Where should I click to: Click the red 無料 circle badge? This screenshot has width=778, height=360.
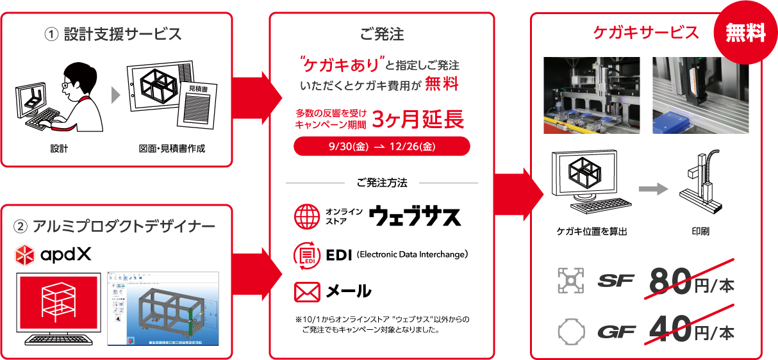[x=745, y=33]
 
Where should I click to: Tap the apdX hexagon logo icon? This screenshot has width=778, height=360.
[x=24, y=255]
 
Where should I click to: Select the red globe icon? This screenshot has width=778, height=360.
[x=307, y=217]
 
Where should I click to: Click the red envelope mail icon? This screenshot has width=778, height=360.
[x=307, y=292]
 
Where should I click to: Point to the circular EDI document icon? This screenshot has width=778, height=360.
[x=307, y=256]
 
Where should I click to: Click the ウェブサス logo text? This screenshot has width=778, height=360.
[x=415, y=216]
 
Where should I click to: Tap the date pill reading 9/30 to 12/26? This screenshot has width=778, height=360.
[x=382, y=146]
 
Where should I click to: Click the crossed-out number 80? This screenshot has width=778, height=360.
[x=670, y=281]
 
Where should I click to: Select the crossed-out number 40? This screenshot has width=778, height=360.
[x=670, y=329]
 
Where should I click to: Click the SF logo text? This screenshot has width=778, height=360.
[x=616, y=281]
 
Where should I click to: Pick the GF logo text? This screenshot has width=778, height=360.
[x=617, y=332]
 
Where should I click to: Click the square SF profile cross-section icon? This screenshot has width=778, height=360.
[x=570, y=281]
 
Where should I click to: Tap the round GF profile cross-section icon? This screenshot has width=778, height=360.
[x=572, y=332]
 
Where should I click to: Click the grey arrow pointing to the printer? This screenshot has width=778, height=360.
[x=653, y=189]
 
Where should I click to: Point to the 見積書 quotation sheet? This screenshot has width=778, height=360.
[x=197, y=105]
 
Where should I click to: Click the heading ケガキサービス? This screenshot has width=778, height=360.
[x=646, y=33]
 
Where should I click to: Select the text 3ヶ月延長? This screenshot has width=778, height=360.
[x=418, y=119]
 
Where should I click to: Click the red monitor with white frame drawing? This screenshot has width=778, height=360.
[x=59, y=303]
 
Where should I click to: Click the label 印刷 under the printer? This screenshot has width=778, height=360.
[x=700, y=231]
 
